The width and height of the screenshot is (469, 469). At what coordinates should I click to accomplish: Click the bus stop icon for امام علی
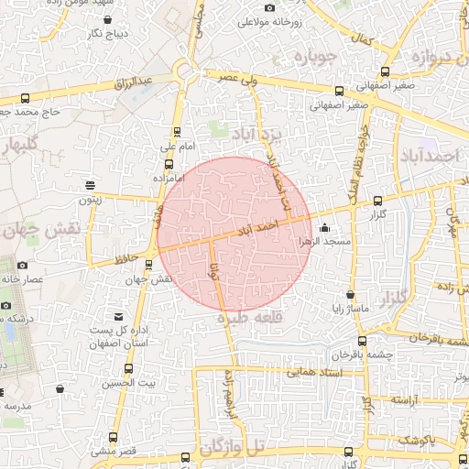tap(177, 132)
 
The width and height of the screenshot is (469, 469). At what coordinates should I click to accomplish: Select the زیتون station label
tap(89, 199)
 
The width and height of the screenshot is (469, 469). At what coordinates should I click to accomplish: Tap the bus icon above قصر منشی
tap(114, 437)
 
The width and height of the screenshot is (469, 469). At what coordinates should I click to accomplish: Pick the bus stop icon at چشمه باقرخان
tap(363, 341)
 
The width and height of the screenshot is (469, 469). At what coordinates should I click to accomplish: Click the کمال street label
tap(365, 41)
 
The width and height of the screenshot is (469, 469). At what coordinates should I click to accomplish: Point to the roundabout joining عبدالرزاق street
tap(185, 71)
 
